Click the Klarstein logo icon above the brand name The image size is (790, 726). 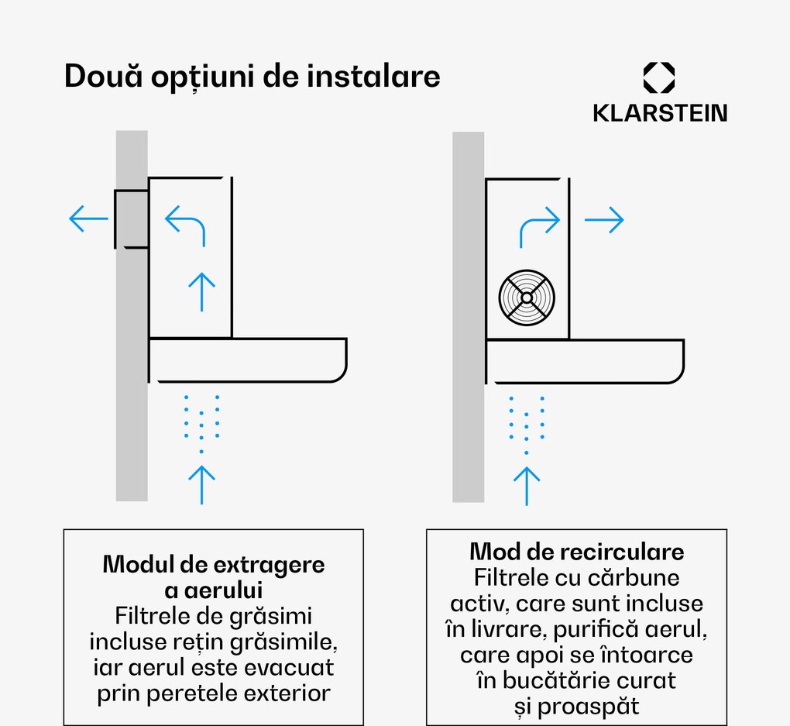pos(659,78)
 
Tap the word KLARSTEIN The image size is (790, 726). pos(660,113)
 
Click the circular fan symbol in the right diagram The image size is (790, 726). pos(527,298)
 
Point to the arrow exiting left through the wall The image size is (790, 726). pos(88,219)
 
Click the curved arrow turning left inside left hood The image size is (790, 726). pos(185,225)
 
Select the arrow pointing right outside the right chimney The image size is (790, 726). pos(603,220)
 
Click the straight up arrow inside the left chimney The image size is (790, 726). pos(201,291)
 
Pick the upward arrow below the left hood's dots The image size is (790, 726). pos(201,485)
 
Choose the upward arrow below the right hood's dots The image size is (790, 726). pos(527,486)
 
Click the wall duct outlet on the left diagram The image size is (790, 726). pos(132,218)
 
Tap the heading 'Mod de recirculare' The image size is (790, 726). pos(576,552)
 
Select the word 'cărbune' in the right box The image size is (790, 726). pos(638,577)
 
